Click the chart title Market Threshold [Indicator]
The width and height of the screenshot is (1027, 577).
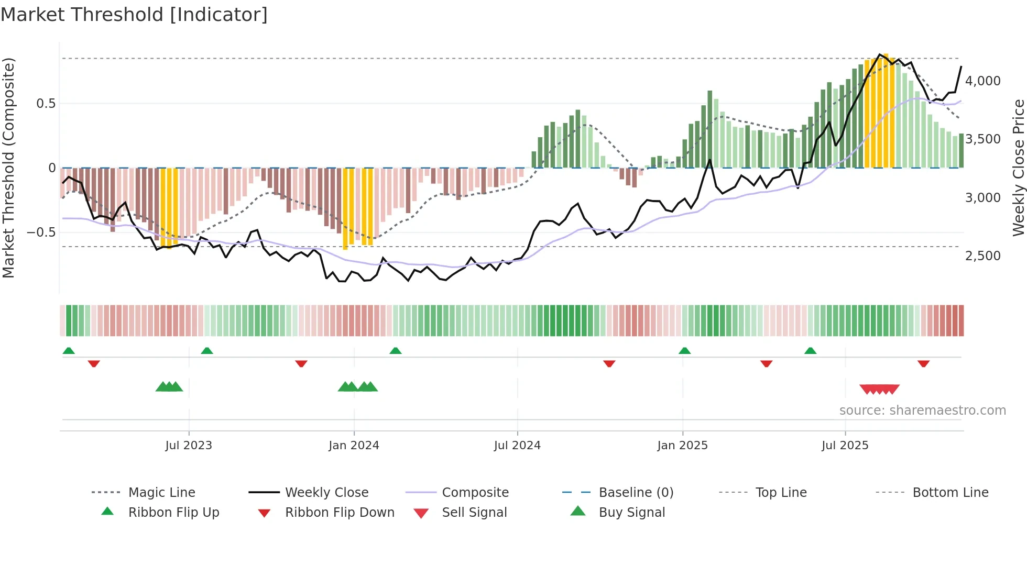(x=134, y=15)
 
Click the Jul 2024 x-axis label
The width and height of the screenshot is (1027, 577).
(x=517, y=445)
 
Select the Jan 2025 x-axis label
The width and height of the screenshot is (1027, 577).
(x=682, y=445)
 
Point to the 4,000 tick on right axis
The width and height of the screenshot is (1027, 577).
(x=982, y=81)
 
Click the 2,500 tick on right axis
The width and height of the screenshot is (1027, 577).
(x=982, y=256)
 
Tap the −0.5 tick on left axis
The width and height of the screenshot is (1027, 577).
(x=41, y=232)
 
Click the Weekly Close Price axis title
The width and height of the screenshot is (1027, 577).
(x=1018, y=168)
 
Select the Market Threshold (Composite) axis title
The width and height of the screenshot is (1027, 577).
(x=8, y=168)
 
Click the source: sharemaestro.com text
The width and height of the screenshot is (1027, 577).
(x=922, y=410)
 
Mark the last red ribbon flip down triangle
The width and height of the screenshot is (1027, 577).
(x=923, y=363)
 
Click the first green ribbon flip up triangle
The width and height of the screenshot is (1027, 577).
(x=69, y=351)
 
